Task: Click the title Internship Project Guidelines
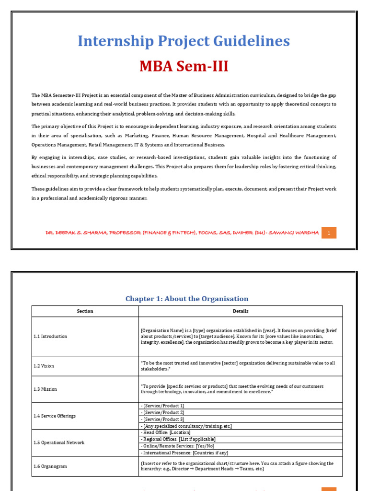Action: coord(184,41)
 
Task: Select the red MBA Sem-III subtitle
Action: coord(184,66)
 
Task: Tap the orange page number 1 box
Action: coord(329,233)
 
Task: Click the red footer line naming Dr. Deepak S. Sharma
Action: coord(182,233)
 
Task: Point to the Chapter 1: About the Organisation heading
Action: coord(187,299)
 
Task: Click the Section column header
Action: coord(85,311)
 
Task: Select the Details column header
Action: coord(241,311)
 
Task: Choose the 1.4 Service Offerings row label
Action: coord(58,416)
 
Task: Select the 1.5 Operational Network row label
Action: coord(61,443)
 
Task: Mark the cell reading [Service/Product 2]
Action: coord(162,412)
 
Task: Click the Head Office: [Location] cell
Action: coord(163,433)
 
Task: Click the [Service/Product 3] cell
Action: coord(162,419)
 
